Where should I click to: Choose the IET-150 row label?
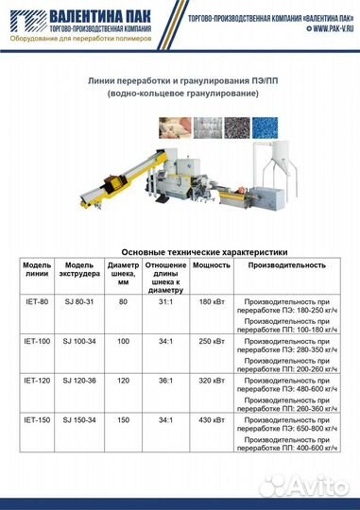tap(36, 419)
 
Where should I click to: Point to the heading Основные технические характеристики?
tap(180, 251)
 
